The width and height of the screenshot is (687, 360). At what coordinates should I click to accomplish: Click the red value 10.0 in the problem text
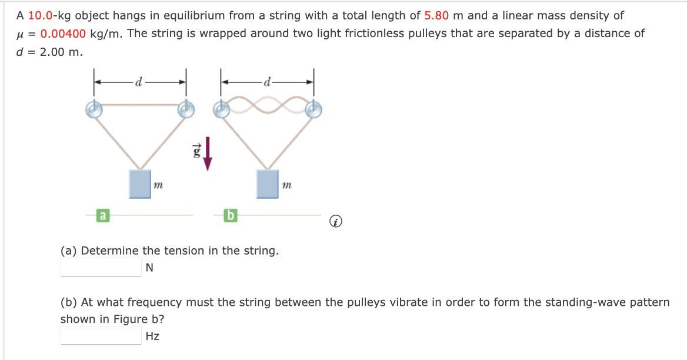pos(40,16)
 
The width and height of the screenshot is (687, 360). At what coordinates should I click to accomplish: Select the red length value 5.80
pos(436,16)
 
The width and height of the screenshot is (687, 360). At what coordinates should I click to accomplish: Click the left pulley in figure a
pos(94,109)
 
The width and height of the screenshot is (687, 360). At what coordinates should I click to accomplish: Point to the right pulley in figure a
pos(186,109)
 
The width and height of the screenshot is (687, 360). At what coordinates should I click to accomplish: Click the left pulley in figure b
pos(222,109)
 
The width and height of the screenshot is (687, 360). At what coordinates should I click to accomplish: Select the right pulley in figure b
pos(314,109)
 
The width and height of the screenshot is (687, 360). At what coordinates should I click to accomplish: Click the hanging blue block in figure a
pos(140,184)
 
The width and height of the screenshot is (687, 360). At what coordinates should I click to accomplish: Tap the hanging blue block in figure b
pos(268,184)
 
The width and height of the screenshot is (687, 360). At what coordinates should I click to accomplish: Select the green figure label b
pos(230,216)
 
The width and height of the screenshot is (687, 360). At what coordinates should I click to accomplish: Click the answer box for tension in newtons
pos(101,268)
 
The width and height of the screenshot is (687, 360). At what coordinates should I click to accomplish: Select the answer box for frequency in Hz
pos(101,336)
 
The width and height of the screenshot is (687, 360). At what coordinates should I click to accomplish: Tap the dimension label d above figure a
pos(139,82)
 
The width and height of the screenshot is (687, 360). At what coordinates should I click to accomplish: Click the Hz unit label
pos(152,336)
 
